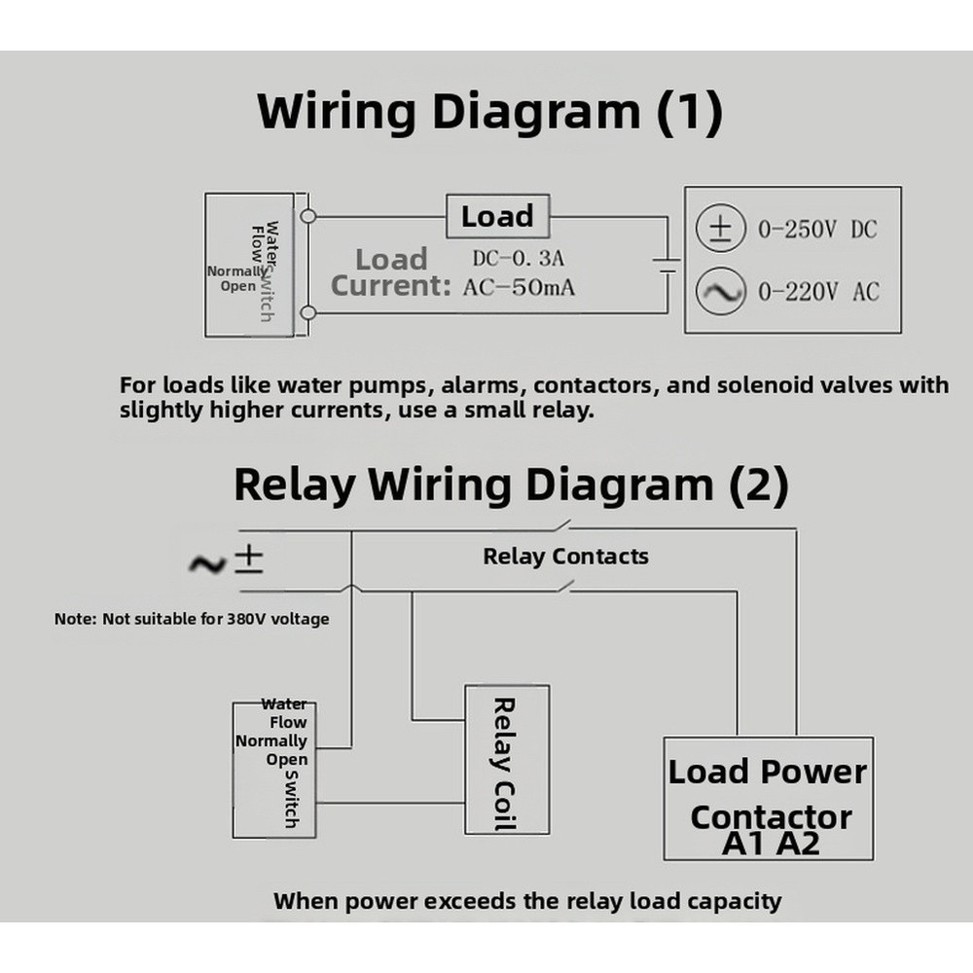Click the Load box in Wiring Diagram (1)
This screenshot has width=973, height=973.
coord(497,216)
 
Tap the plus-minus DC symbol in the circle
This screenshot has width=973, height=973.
coord(720,230)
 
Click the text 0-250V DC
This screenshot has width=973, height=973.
coord(817,230)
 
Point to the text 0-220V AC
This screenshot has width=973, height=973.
coord(817,292)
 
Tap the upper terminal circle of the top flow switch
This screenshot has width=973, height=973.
coord(307,216)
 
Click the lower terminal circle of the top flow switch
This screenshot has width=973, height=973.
coord(307,312)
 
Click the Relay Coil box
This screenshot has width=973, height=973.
coord(506,760)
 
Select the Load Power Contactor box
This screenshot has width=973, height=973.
coord(769,798)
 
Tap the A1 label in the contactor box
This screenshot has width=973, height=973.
coord(745,843)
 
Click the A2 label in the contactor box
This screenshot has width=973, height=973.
coord(798,843)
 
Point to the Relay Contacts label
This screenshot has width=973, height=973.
coord(565,557)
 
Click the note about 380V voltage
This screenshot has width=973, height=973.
coord(192,618)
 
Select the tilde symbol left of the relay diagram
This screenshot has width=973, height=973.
coord(206,563)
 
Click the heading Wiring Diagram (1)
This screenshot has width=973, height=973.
coord(489,112)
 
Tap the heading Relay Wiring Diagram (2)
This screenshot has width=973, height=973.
coord(511,484)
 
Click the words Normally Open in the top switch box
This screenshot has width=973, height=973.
coord(234,278)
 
